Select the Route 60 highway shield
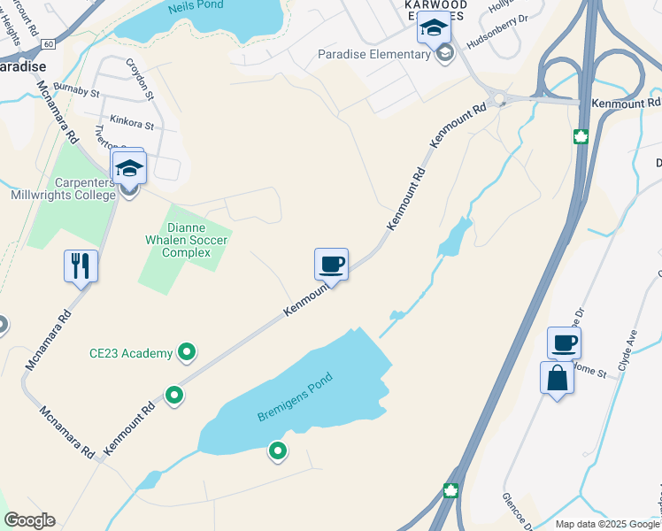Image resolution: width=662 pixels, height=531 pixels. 48,42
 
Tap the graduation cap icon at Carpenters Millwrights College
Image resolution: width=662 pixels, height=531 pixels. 129,167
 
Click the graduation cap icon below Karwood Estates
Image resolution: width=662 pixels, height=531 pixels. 434,27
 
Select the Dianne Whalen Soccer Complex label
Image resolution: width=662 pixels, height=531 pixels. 187,239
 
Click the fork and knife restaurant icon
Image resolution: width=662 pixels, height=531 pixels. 81,265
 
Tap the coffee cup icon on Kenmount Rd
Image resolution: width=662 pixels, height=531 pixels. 331,263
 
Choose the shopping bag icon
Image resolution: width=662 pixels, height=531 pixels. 557,378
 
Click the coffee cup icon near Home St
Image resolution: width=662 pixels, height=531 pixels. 564,342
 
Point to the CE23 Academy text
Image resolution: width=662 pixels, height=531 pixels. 131,354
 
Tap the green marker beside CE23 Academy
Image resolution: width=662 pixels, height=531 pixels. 187,353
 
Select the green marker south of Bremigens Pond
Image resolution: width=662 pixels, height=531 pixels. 278,452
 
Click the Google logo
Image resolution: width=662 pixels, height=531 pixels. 29,520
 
